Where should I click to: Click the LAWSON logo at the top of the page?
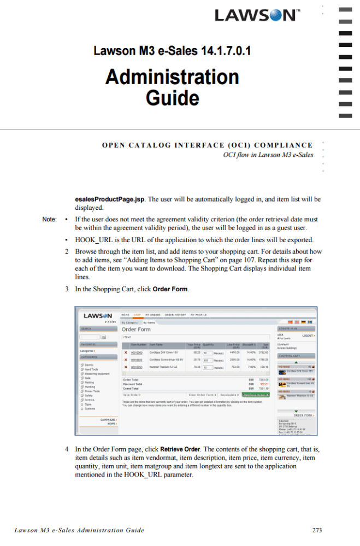(256, 15)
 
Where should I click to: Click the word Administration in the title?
(172, 77)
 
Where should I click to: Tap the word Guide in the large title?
(172, 98)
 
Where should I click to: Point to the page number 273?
(317, 530)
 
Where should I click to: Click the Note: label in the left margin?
(50, 220)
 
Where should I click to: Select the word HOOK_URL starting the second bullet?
(93, 240)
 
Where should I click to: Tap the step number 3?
(66, 289)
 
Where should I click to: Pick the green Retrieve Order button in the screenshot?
(256, 395)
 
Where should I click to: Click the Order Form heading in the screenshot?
(136, 330)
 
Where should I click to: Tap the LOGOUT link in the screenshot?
(308, 335)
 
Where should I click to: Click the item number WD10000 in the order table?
(137, 353)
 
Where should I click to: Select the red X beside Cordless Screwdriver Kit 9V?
(126, 360)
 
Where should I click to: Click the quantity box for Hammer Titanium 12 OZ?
(208, 367)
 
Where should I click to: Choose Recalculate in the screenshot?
(228, 395)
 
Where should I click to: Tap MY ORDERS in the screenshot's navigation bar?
(152, 315)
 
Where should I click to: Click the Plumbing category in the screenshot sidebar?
(90, 386)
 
